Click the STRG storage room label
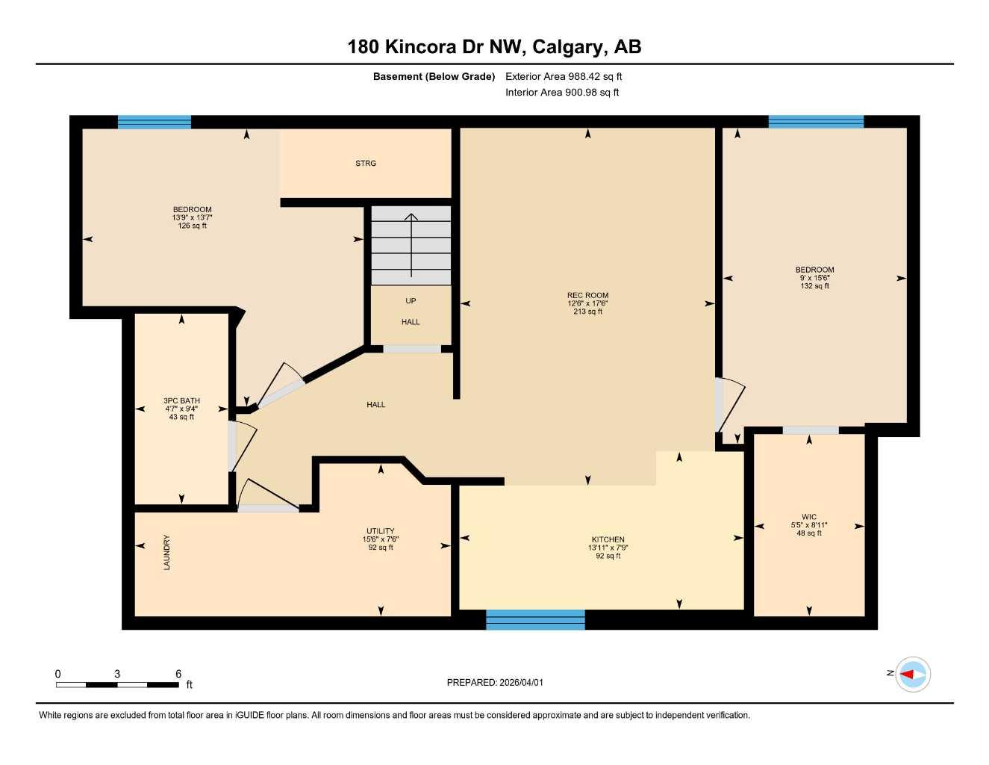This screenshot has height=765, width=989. (366, 163)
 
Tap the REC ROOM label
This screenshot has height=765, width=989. (587, 295)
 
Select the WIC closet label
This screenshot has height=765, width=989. (809, 517)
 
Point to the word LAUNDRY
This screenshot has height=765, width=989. (166, 553)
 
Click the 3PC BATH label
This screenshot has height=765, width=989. (182, 401)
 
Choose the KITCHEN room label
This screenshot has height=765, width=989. (608, 539)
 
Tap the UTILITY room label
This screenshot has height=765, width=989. (380, 531)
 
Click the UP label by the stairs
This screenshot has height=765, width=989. (411, 301)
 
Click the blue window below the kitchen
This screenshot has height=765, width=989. (535, 619)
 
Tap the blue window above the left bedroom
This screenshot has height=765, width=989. (155, 123)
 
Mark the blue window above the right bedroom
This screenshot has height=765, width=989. (816, 122)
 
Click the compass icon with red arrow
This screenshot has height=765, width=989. (912, 675)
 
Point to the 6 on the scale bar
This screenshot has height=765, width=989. (178, 674)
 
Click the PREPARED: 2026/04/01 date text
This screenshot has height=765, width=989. (495, 682)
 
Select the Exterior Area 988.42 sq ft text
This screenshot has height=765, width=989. (564, 76)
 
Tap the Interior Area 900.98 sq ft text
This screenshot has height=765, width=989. (562, 93)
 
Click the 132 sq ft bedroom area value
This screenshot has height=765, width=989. (814, 286)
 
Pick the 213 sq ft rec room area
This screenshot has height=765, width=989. (587, 312)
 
